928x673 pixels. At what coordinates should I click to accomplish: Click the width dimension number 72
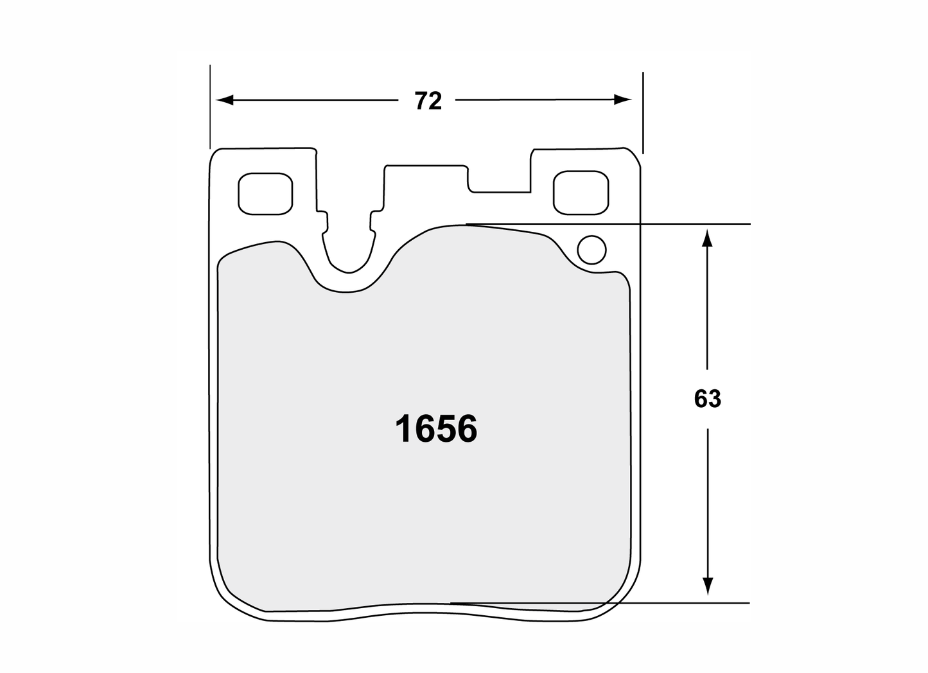click(x=428, y=101)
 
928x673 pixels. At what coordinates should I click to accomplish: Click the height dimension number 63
click(x=707, y=399)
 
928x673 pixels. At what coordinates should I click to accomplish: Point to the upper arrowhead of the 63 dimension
click(x=707, y=239)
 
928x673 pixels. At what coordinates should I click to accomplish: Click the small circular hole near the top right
click(x=591, y=250)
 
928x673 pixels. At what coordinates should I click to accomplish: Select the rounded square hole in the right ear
click(x=580, y=193)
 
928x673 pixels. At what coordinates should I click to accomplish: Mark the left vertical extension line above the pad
click(x=209, y=106)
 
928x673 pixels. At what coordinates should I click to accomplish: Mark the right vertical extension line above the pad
click(x=642, y=109)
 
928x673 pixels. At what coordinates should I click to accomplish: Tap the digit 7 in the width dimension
click(x=421, y=101)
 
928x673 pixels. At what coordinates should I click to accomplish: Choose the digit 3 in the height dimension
click(x=714, y=399)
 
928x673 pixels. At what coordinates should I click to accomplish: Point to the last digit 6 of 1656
click(x=466, y=429)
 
